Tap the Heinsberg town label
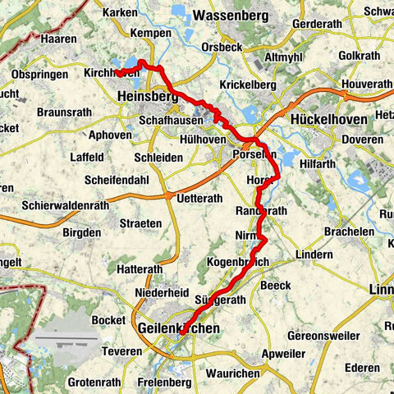pos(147,97)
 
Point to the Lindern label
pos(314,255)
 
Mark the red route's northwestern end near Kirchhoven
pos(117,73)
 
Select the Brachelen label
pos(350,232)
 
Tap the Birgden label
pos(82,233)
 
